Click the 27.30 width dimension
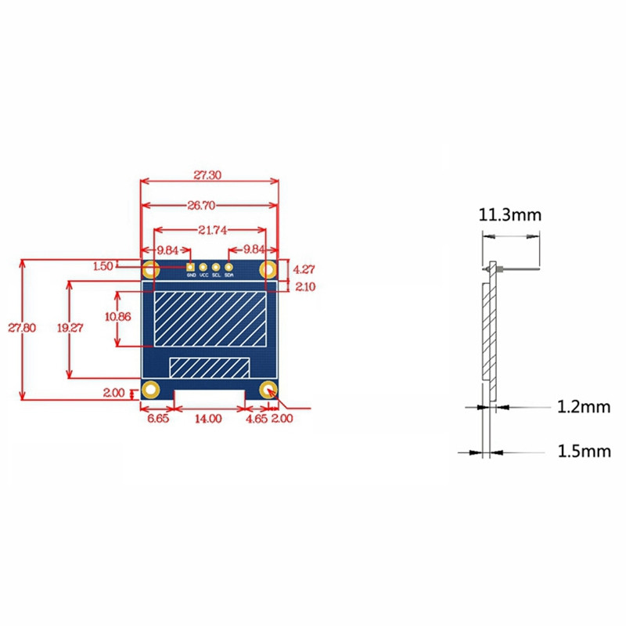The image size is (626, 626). click(209, 176)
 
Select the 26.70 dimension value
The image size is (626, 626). click(209, 205)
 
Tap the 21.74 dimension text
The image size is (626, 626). click(209, 230)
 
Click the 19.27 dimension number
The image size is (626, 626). click(70, 329)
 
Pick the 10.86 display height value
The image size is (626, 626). click(117, 317)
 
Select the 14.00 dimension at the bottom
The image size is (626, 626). click(209, 419)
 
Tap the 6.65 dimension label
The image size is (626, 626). click(157, 419)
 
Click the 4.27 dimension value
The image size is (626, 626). click(304, 268)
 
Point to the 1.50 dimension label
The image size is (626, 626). click(103, 266)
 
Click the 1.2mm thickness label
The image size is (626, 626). click(583, 407)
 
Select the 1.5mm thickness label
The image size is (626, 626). click(583, 452)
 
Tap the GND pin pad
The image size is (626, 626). click(190, 267)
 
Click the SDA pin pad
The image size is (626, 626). click(229, 267)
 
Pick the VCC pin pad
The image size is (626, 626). click(203, 267)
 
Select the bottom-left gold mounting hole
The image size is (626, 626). click(151, 389)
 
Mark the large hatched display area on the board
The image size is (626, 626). click(209, 319)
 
